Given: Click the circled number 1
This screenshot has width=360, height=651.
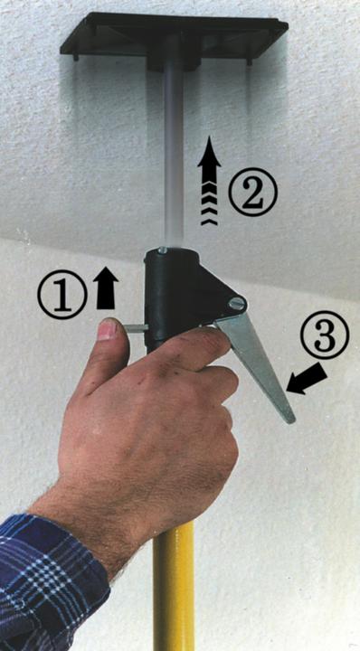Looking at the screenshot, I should pos(62,295).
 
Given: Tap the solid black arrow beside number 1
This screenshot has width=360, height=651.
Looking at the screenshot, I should pos(106,288).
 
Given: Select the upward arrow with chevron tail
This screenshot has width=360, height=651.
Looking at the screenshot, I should pos(209,180).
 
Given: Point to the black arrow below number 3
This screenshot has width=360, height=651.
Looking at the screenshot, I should pos(305,380).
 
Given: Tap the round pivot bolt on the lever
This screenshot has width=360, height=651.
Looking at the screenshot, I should pos(237,305).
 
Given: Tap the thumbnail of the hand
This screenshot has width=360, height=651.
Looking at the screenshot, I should pos(107,330).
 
